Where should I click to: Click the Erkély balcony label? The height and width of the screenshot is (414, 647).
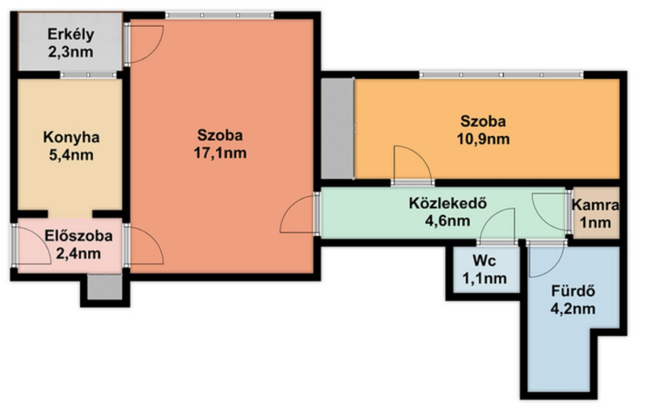pyautogui.click(x=71, y=34)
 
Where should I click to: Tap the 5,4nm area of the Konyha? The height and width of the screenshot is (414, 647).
pyautogui.click(x=71, y=155)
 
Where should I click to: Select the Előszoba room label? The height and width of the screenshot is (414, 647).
pyautogui.click(x=78, y=236)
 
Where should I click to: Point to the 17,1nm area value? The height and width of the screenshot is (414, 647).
pyautogui.click(x=220, y=153)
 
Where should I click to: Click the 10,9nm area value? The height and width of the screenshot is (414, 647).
pyautogui.click(x=483, y=139)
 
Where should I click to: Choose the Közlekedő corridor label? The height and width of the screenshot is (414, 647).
pyautogui.click(x=448, y=203)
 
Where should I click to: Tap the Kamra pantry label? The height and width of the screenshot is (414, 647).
pyautogui.click(x=595, y=205)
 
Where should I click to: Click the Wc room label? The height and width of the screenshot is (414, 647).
pyautogui.click(x=484, y=260)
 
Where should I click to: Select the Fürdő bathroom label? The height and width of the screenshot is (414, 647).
pyautogui.click(x=573, y=291)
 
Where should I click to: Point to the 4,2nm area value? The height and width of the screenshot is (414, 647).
pyautogui.click(x=573, y=308)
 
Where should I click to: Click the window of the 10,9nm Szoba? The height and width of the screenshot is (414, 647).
pyautogui.click(x=501, y=74)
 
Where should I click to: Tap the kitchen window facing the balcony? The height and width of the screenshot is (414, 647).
pyautogui.click(x=88, y=75)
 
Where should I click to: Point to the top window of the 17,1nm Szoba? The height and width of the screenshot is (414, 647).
pyautogui.click(x=219, y=15)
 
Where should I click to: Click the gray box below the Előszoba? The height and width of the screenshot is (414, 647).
pyautogui.click(x=105, y=287)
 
